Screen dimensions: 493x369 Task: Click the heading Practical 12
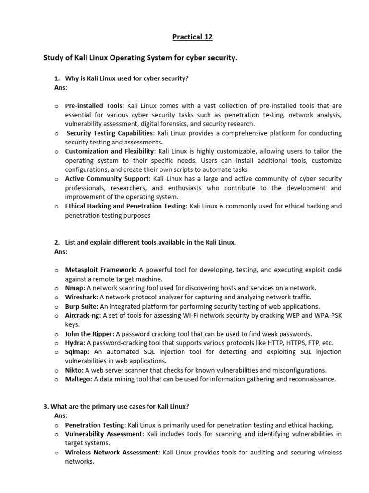(x=192, y=37)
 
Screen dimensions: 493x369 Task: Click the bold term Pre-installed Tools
(x=94, y=105)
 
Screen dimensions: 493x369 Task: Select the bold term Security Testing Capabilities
(x=110, y=133)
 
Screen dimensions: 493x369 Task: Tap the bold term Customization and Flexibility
(x=109, y=151)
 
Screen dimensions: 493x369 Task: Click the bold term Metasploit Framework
(x=101, y=270)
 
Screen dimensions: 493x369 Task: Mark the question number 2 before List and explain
(x=56, y=242)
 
